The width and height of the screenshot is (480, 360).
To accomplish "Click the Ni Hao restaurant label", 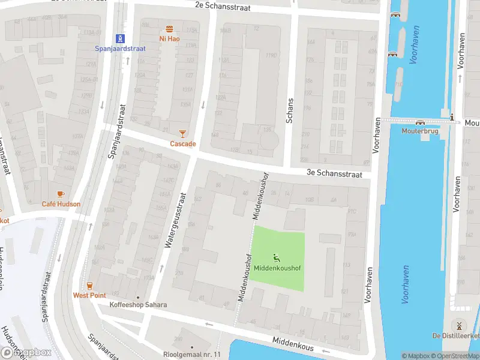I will pos(170,38).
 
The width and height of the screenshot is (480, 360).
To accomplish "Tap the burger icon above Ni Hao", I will pos(170,29).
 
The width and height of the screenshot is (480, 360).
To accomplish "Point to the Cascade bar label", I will pos(183,144).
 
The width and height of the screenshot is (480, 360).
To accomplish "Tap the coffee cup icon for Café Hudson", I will pos(60,194).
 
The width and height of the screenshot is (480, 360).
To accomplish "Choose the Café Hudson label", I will pos(61,204).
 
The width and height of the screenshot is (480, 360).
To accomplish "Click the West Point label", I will pos(89,295).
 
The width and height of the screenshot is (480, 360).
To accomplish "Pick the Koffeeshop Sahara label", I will pos(138,305).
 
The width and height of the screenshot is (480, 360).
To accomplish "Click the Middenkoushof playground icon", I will pos(277,258).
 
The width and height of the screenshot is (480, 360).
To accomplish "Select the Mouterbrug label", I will pos(421,130).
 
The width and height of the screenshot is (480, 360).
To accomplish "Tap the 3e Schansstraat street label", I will pos(334,173).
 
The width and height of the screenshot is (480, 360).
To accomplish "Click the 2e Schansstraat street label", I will pos(222,6).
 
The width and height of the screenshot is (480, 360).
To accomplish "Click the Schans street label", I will pos(290,110).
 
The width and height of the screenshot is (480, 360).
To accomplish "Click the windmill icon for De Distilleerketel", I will pos(458,325).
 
